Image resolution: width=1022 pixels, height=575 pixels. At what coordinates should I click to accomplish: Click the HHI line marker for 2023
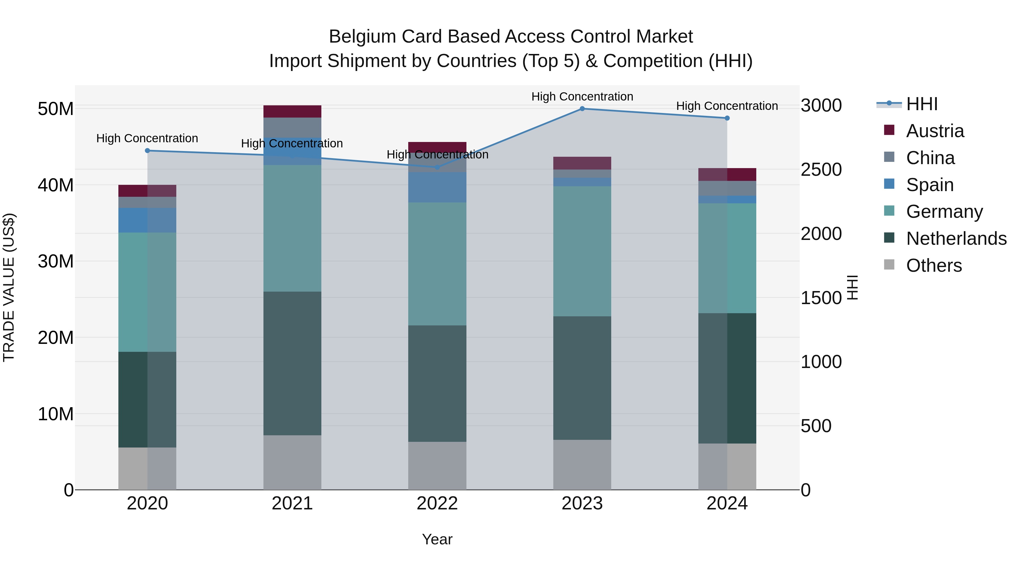(582, 108)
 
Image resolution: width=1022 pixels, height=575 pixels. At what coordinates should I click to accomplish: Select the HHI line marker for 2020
(147, 150)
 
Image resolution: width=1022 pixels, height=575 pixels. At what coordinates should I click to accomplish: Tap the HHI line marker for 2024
(727, 118)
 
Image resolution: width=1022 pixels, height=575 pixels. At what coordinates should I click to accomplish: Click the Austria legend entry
(935, 131)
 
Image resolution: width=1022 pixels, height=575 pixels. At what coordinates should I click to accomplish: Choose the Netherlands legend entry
(956, 239)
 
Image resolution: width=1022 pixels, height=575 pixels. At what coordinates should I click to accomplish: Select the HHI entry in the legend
(921, 104)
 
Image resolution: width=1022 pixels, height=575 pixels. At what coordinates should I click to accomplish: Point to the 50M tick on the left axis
(56, 109)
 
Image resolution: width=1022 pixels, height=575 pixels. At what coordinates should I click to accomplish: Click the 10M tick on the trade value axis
(56, 414)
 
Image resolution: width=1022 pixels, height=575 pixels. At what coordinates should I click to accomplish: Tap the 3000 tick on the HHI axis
(821, 106)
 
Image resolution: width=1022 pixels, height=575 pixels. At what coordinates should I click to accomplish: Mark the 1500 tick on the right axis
(821, 298)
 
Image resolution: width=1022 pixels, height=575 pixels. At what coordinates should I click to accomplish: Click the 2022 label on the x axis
(437, 503)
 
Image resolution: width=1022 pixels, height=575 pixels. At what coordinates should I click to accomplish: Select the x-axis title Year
(437, 539)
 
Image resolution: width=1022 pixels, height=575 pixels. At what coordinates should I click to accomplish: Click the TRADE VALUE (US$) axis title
(9, 287)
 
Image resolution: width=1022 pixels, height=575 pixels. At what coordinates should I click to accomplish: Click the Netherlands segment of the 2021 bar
(292, 363)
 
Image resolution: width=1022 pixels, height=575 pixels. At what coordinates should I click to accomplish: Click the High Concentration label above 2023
(582, 97)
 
